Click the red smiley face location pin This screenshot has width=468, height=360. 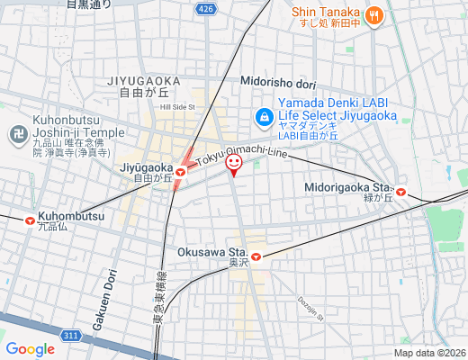click(233, 164)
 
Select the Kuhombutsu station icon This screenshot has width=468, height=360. click(31, 218)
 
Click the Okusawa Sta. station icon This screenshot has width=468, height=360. click(256, 257)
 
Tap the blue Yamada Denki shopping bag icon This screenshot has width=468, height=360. click(264, 116)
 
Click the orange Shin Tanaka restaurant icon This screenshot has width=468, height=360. click(375, 14)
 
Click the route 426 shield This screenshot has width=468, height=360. click(207, 9)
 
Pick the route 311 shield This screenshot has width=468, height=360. click(71, 336)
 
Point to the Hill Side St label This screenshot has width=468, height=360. click(177, 107)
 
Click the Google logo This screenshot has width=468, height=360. click(31, 349)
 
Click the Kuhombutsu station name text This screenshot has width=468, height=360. click(71, 217)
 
